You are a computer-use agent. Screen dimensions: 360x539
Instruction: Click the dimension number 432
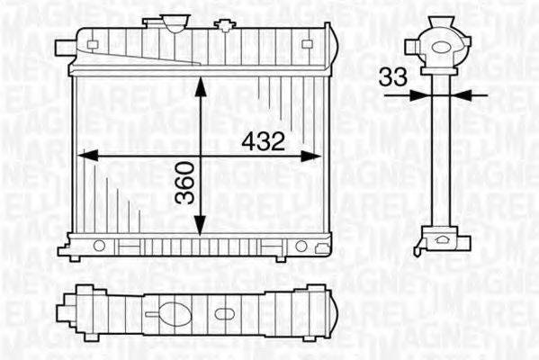pyautogui.click(x=263, y=141)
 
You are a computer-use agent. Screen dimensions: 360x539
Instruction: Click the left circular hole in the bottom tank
pyautogui.click(x=100, y=245)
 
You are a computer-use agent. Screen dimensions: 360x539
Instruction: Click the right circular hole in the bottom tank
pyautogui.click(x=301, y=245)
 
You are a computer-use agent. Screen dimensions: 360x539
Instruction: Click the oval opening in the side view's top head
pyautogui.click(x=440, y=44)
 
